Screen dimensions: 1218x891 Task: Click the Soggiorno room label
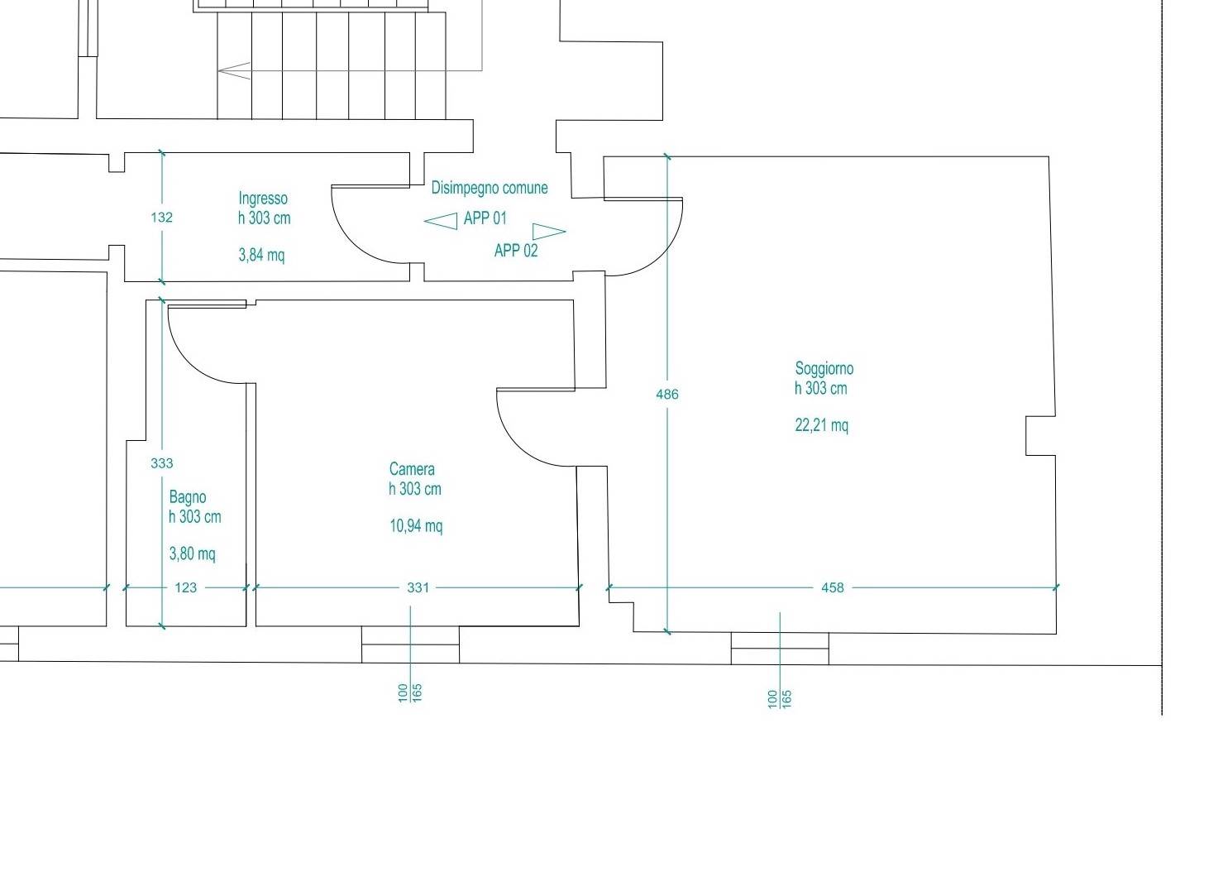click(x=824, y=370)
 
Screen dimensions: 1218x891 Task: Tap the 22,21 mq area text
click(x=822, y=425)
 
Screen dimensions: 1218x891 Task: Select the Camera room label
click(x=412, y=469)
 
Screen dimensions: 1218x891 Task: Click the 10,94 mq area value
click(x=416, y=526)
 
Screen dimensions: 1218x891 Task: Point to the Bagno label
click(x=188, y=498)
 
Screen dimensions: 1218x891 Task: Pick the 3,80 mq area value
click(x=193, y=553)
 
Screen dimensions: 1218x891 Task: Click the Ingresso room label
click(x=263, y=199)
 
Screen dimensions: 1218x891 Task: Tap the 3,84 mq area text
click(x=261, y=255)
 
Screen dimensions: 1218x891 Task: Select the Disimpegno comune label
click(x=490, y=188)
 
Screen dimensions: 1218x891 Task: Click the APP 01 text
click(x=485, y=218)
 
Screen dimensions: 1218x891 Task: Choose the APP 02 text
click(x=516, y=251)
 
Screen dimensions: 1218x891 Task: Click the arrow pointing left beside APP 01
click(x=441, y=221)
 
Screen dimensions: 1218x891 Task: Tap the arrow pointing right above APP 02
click(x=549, y=232)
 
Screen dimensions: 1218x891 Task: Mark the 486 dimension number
click(x=667, y=395)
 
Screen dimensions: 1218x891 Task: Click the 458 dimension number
click(x=833, y=588)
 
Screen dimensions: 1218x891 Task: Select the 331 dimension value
click(x=418, y=588)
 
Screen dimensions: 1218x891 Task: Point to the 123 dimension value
click(x=186, y=588)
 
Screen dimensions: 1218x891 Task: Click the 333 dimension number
click(x=162, y=463)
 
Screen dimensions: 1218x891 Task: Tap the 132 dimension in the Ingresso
click(x=162, y=218)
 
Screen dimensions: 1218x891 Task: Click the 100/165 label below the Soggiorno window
click(x=780, y=700)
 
